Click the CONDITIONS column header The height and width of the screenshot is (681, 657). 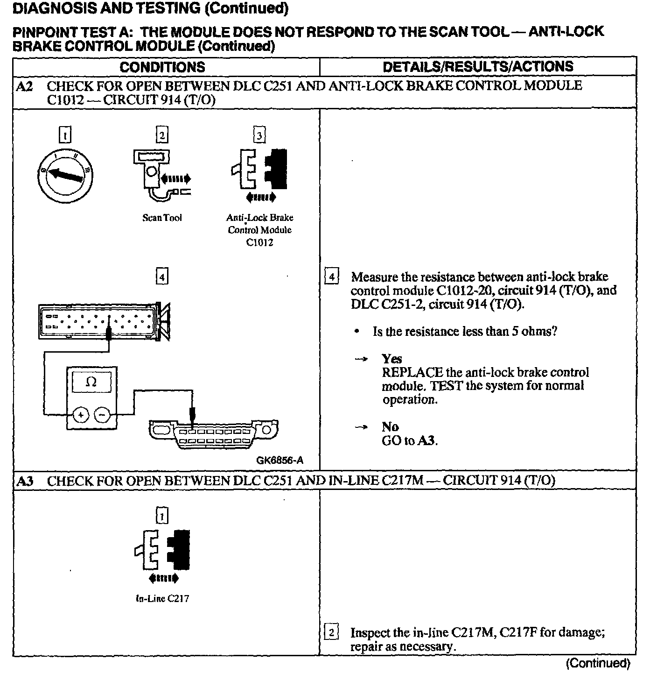click(162, 67)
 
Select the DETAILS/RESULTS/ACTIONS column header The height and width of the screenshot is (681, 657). click(478, 66)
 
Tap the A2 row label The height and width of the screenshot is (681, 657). click(24, 86)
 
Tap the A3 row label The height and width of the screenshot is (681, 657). click(24, 481)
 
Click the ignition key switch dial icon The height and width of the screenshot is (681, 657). click(65, 174)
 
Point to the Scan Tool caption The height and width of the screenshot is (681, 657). click(162, 218)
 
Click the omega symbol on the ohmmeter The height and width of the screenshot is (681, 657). click(91, 383)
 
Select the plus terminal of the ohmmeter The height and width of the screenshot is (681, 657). click(81, 414)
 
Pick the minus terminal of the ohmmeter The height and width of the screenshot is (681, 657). click(102, 414)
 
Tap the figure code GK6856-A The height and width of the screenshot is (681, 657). click(280, 460)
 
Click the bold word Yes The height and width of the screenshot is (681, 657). click(391, 359)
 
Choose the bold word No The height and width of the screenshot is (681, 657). click(390, 427)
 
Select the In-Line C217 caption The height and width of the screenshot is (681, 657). click(162, 598)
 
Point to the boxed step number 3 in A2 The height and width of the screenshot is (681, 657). click(259, 135)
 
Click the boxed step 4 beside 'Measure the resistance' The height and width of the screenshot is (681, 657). click(331, 277)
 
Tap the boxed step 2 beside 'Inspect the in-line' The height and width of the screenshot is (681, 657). click(331, 633)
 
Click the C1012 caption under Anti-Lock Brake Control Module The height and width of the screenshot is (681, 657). click(259, 242)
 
